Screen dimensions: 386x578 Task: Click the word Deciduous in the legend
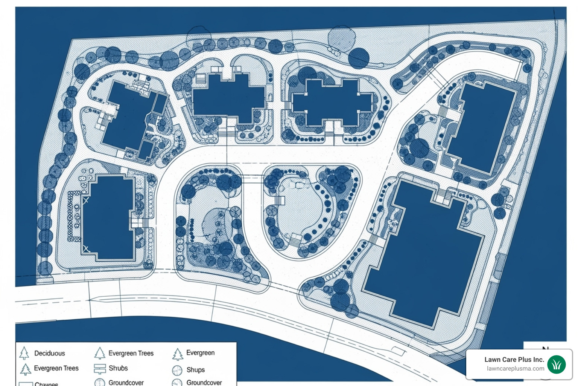coord(49,353)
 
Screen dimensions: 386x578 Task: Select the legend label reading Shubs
coord(118,368)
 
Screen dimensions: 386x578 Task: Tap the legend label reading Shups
coord(196,370)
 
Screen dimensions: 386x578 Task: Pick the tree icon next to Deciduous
coord(24,353)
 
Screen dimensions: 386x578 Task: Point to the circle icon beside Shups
coord(177,370)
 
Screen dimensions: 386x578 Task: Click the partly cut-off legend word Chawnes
coord(46,384)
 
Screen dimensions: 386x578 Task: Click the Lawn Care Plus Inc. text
coord(514,360)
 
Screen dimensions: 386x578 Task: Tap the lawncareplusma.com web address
coord(516,369)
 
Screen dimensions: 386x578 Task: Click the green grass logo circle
coord(557,365)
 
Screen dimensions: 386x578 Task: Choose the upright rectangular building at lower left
coord(108,218)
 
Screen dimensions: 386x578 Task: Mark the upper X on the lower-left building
coord(86,200)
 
